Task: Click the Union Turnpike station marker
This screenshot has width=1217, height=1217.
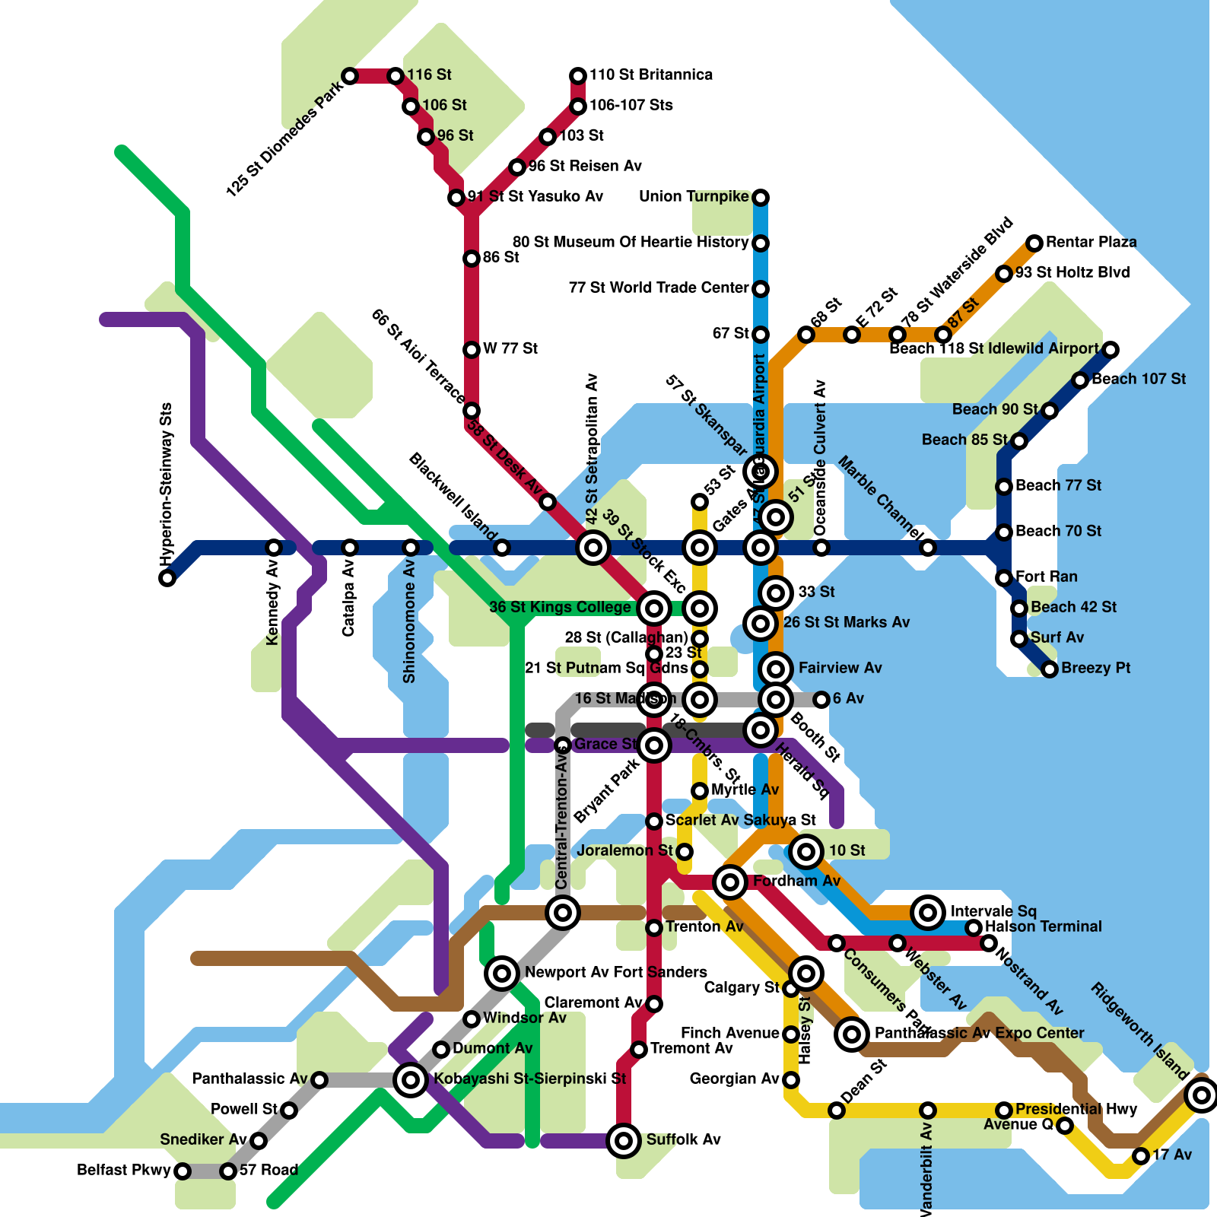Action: (x=761, y=198)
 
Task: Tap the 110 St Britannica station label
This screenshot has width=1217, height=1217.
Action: (x=650, y=75)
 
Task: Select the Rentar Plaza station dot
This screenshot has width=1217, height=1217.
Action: (x=1034, y=243)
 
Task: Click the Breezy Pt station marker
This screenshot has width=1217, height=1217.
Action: (x=1050, y=669)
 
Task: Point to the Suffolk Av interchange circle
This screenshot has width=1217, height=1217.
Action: (x=624, y=1141)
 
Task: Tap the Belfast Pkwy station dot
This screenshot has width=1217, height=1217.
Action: (x=183, y=1171)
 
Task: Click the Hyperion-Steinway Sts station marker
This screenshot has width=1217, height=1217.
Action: (x=167, y=578)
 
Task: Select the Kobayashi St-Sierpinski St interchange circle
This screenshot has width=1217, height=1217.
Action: (x=411, y=1079)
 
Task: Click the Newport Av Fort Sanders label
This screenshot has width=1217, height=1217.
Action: (x=615, y=972)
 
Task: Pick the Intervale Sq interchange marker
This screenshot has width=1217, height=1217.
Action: (x=928, y=912)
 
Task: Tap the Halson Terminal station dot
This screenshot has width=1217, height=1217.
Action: (x=974, y=928)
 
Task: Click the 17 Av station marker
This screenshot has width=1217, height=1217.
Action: (x=1141, y=1156)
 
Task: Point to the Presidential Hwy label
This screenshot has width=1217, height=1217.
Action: (x=1076, y=1109)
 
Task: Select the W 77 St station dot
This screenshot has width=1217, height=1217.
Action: (x=472, y=350)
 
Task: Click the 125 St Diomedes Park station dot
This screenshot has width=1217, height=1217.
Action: (x=350, y=76)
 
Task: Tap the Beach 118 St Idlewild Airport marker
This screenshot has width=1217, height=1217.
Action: (x=1111, y=350)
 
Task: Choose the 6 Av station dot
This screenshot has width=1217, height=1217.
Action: (x=821, y=700)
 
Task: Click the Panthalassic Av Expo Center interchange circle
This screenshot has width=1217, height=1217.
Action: (x=852, y=1034)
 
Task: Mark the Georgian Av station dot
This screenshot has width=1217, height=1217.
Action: (x=791, y=1080)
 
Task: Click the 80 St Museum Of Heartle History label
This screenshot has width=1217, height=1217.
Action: (x=630, y=242)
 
